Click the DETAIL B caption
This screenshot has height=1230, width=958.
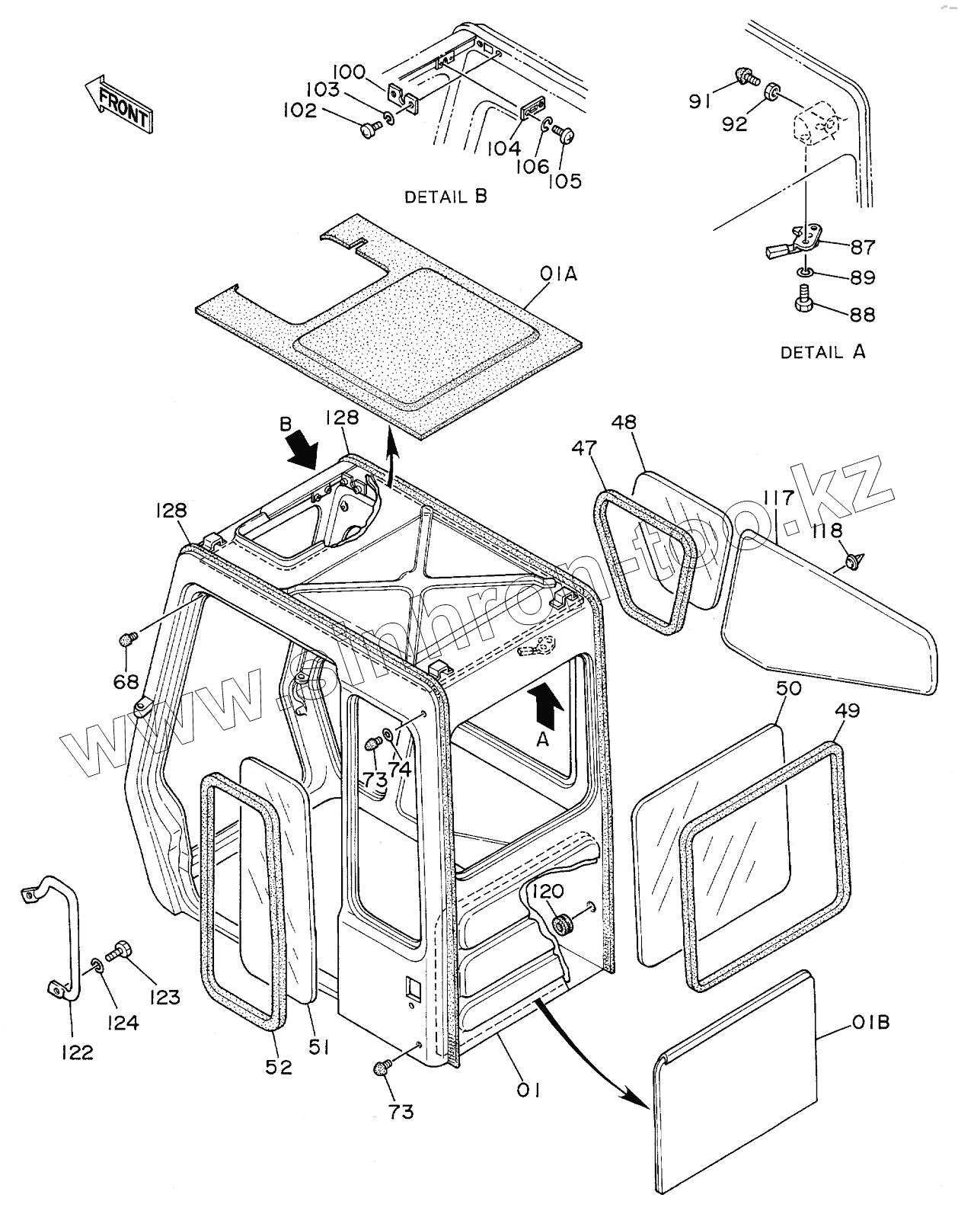click(x=445, y=197)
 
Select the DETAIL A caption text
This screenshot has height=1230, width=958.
click(x=823, y=352)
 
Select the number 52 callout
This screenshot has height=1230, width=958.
click(x=279, y=1067)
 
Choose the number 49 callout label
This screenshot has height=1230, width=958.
click(x=847, y=710)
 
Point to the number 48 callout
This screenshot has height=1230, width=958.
click(x=623, y=421)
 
